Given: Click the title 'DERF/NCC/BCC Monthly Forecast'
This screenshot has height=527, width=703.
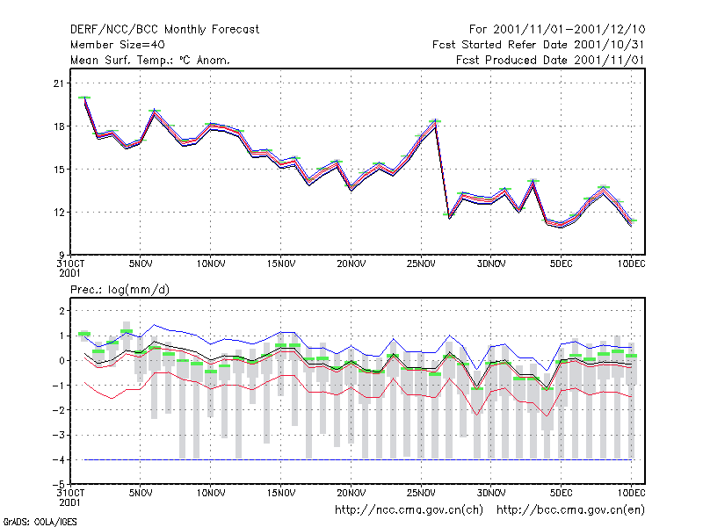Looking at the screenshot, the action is click(x=164, y=30).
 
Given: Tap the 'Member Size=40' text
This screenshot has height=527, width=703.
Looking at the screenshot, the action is click(x=118, y=45).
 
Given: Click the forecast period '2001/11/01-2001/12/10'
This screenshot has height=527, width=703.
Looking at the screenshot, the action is click(x=569, y=30).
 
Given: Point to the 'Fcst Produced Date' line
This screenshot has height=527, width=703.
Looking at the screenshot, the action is click(x=550, y=60).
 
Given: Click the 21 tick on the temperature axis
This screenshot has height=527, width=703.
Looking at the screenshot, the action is click(x=59, y=83).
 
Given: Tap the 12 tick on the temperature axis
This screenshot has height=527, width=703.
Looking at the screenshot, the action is click(x=59, y=212).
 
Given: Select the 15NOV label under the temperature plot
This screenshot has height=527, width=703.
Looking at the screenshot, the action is click(x=281, y=264).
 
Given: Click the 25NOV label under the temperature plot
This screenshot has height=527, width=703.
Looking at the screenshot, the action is click(x=421, y=264).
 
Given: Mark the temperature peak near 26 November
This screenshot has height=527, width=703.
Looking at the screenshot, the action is click(x=435, y=121).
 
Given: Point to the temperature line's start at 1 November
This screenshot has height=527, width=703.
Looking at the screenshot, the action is click(x=84, y=97).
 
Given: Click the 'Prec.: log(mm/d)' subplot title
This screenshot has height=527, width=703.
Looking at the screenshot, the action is click(x=120, y=290).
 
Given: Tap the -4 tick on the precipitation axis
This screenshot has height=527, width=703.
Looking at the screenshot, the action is click(x=58, y=459).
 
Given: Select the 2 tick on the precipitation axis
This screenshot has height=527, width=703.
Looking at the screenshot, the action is click(x=62, y=311).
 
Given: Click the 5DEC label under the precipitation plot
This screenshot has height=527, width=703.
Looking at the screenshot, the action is click(x=561, y=493).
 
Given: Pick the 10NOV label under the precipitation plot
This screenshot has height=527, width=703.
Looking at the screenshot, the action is click(x=211, y=493).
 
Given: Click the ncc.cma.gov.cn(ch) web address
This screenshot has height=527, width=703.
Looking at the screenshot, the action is click(x=409, y=510).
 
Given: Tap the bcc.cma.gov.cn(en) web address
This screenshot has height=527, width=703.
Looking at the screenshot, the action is click(x=570, y=510).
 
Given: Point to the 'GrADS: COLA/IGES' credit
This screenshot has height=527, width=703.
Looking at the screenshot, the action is click(x=40, y=522).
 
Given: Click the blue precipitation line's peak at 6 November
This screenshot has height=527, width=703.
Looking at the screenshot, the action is click(x=155, y=325).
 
